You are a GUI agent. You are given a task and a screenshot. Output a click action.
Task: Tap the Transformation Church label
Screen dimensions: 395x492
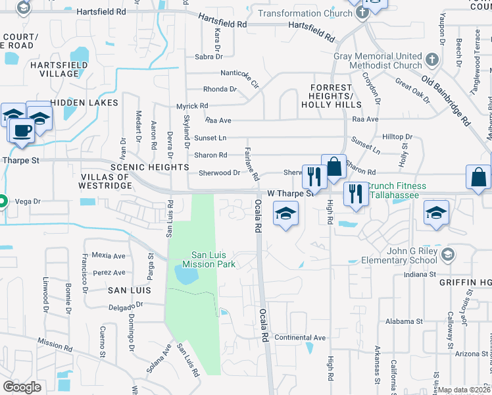(x=305, y=13)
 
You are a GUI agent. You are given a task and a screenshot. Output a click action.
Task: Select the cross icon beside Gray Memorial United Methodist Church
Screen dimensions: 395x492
(x=431, y=61)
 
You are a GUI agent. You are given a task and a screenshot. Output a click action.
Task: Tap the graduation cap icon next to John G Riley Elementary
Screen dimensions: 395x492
(x=447, y=254)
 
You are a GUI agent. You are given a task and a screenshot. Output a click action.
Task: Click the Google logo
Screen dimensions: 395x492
(x=22, y=386)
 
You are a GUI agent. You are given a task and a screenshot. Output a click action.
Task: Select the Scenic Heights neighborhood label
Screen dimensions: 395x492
(x=149, y=167)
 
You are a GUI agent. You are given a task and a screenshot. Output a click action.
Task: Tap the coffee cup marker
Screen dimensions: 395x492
(x=22, y=130)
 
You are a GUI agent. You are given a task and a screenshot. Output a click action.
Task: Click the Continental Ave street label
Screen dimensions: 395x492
(x=301, y=338)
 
